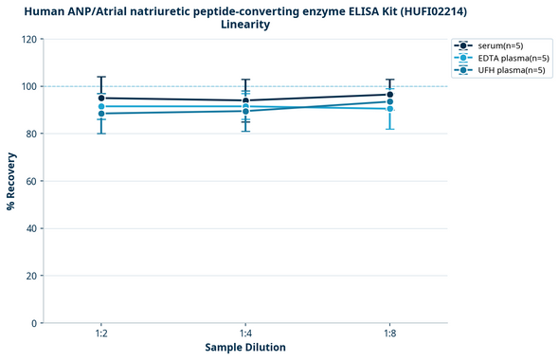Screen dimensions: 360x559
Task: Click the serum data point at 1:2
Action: pos(101,98)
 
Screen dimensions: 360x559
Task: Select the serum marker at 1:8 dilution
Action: pos(389,94)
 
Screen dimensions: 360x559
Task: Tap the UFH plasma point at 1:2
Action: pos(101,114)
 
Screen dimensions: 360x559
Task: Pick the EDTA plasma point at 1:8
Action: pos(389,108)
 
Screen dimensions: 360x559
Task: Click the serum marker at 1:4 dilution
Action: pos(245,100)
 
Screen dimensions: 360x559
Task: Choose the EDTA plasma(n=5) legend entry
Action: pos(507,58)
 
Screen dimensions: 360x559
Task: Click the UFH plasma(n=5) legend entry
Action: pos(507,70)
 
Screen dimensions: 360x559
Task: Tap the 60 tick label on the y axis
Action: pos(29,181)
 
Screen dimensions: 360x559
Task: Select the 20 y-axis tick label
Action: pos(29,276)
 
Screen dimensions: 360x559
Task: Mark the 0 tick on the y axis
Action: pos(32,323)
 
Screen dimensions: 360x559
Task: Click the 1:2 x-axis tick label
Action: pos(101,334)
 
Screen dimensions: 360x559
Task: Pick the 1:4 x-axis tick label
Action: pos(245,334)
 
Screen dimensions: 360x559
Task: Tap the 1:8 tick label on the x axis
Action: pos(389,334)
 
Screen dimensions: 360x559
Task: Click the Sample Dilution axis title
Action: pos(245,348)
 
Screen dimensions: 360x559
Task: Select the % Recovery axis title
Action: pos(11,180)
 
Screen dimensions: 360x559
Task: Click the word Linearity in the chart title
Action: pos(245,25)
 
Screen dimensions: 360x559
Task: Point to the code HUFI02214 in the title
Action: pos(429,10)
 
